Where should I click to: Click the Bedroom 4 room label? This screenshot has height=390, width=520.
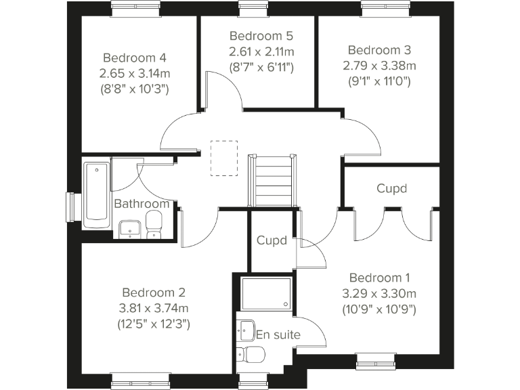point(135,58)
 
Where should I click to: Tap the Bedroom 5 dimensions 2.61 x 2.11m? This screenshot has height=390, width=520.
point(261,51)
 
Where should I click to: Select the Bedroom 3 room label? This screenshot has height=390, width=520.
point(379,50)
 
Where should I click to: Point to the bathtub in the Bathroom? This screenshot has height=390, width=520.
point(97,191)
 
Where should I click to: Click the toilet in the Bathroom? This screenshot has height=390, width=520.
point(154,224)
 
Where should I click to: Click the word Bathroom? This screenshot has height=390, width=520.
point(141,204)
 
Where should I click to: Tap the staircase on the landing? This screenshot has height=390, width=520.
point(272,180)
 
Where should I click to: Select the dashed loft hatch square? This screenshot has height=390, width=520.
point(223,158)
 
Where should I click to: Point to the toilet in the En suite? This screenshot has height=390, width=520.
point(253,353)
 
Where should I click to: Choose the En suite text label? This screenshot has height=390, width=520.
point(278,334)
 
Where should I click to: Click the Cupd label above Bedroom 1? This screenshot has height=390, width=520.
point(392,188)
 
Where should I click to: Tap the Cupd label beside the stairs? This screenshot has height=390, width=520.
point(271,240)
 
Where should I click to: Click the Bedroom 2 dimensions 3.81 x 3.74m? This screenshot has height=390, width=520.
point(154,308)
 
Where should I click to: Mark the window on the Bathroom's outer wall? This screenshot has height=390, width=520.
point(70,207)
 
